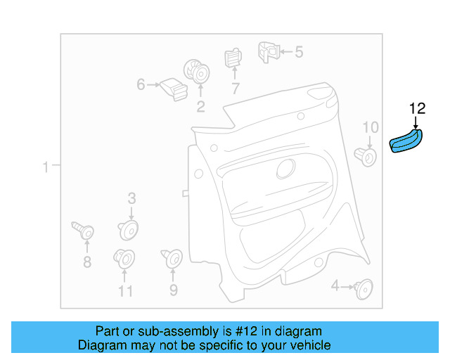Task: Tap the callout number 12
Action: pos(417,108)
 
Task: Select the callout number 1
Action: pos(46,167)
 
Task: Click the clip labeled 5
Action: pos(267,51)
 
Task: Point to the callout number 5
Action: pos(298,51)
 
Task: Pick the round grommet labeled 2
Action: pos(196,72)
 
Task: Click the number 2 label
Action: pos(200,107)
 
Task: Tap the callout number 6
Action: pos(141,85)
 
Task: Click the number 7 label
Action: pos(235,89)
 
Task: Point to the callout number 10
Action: pos(370,127)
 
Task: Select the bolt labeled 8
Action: pos(84,231)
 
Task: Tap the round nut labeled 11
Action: pos(124,259)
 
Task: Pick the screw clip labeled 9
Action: pos(172,259)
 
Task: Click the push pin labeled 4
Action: pos(364,286)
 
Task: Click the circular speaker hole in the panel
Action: pos(285,169)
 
